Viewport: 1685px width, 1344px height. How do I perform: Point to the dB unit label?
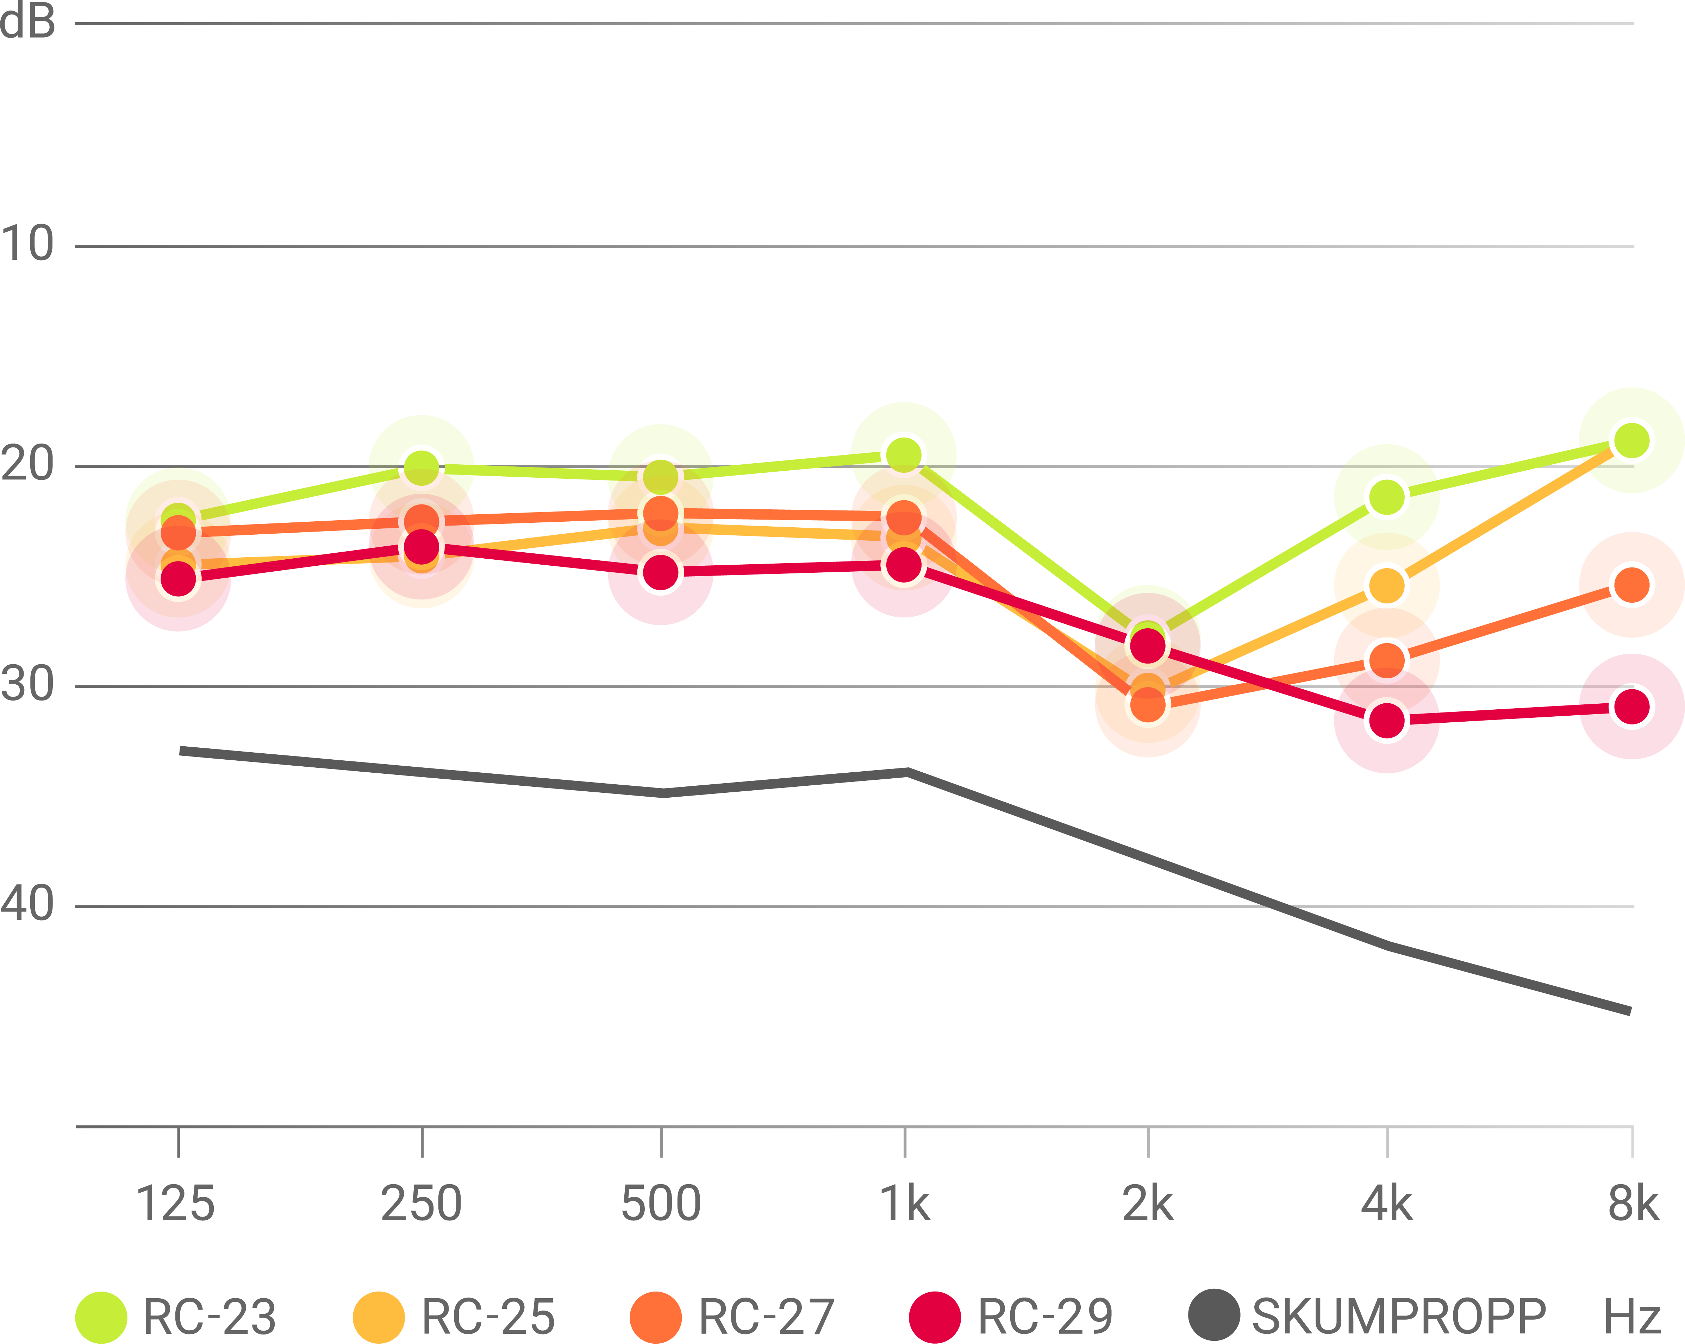(x=27, y=21)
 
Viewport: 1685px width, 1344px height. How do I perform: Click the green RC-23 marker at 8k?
(x=1632, y=441)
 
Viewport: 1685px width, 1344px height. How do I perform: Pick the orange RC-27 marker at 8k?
(x=1632, y=584)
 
